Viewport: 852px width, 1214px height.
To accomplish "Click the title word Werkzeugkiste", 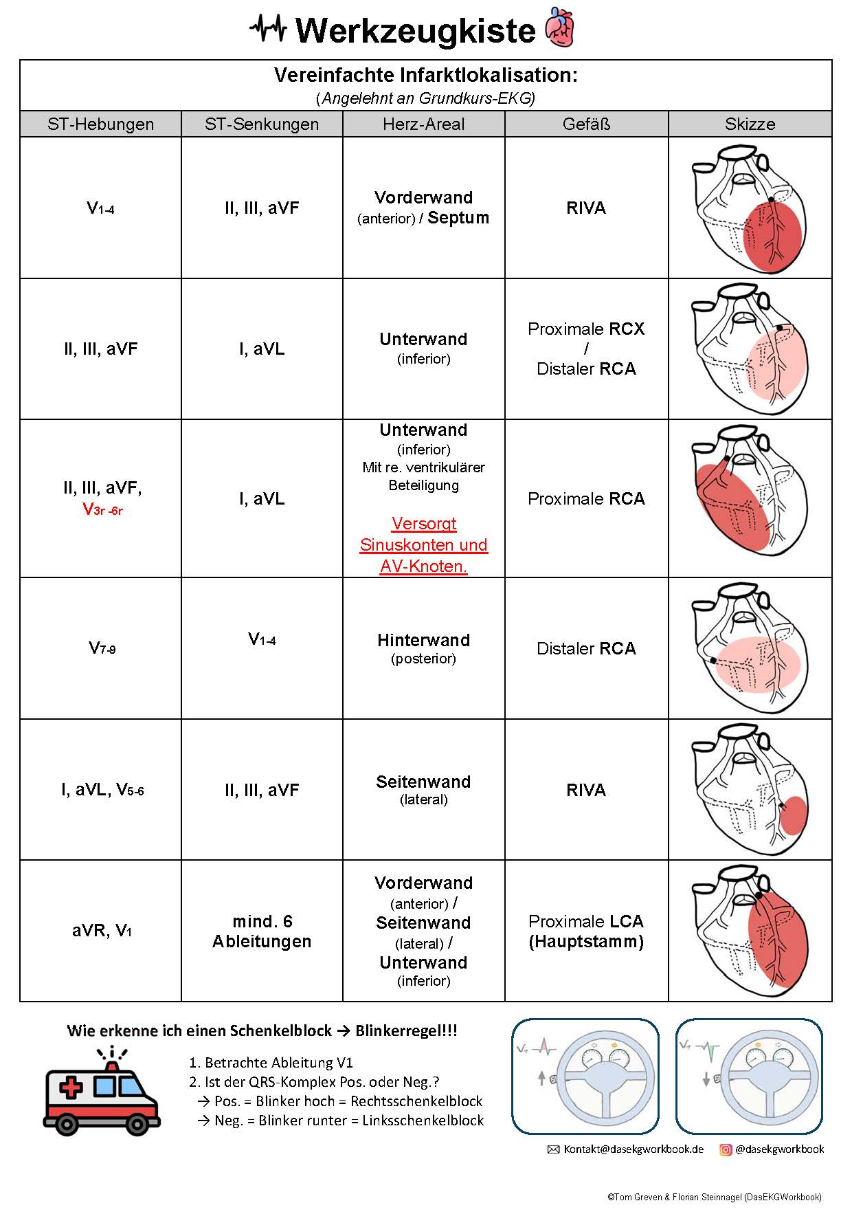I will point(415,31).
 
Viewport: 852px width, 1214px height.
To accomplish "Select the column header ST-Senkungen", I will point(262,124).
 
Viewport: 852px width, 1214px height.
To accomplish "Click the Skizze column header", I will point(750,124).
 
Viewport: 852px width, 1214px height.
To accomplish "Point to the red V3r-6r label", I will point(102,509).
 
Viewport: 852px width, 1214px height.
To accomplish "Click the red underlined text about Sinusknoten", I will point(423,544).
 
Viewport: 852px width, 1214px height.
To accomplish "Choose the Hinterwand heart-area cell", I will point(423,648).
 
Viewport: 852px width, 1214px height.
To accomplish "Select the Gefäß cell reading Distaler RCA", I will point(586,648).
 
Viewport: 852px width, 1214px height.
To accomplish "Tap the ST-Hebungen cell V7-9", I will point(102,648).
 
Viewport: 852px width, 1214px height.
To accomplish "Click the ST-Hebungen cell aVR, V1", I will point(102,931).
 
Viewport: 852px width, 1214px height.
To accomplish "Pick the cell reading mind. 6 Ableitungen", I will point(262,931).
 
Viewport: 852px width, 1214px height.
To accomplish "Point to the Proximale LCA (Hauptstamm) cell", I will point(586,931).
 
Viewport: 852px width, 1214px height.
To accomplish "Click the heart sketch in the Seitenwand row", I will point(749,789).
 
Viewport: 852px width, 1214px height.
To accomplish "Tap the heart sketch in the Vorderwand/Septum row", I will point(749,208).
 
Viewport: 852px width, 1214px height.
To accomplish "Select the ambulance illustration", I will point(102,1092).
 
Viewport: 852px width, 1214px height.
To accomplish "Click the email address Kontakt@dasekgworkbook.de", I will point(634,1149).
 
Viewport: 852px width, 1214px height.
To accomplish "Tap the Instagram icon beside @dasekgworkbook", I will point(726,1149).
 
